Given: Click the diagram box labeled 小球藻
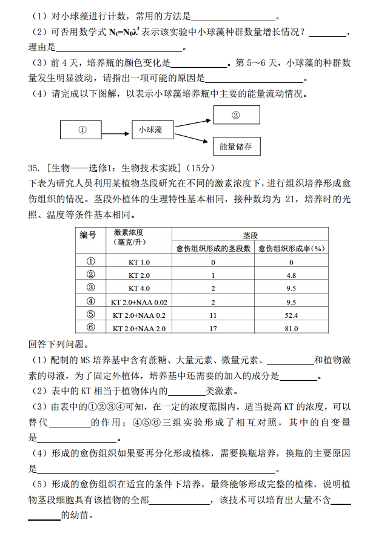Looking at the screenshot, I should [x=153, y=130].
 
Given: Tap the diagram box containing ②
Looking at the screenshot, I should [x=236, y=115].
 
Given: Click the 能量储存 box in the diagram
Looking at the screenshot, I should [x=236, y=147].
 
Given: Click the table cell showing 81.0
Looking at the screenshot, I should [x=291, y=328].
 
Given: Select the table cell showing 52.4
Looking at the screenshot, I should [x=291, y=315].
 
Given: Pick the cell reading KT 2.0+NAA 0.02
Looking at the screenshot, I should [x=139, y=302].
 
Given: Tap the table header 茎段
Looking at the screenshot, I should [x=250, y=234].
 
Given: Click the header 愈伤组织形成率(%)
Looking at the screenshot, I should [x=291, y=248].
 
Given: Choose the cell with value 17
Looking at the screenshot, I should [x=213, y=328].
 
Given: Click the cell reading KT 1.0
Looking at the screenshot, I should [x=139, y=262].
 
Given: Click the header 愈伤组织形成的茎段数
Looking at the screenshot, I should [x=213, y=248].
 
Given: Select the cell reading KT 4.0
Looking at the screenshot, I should [x=139, y=288].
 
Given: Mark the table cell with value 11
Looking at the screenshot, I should [x=213, y=315].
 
